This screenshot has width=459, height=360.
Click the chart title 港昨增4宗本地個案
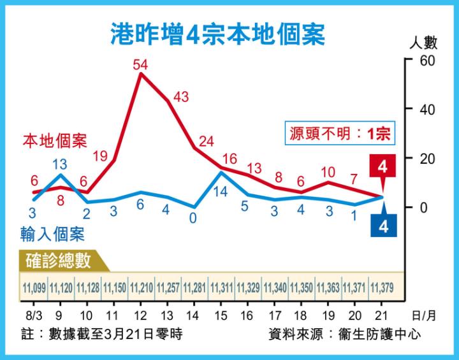pos(217,34)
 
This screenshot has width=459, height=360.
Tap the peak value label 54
pos(141,64)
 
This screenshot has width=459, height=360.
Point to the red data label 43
pos(181,97)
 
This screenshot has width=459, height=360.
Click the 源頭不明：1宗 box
pos(339,134)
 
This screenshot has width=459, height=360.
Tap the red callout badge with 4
pos(382,168)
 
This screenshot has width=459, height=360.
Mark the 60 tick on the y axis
pos(426,61)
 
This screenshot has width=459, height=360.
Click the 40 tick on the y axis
pos(426,109)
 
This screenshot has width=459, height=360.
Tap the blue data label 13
pos(60,162)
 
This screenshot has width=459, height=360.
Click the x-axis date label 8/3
pos(34,315)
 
